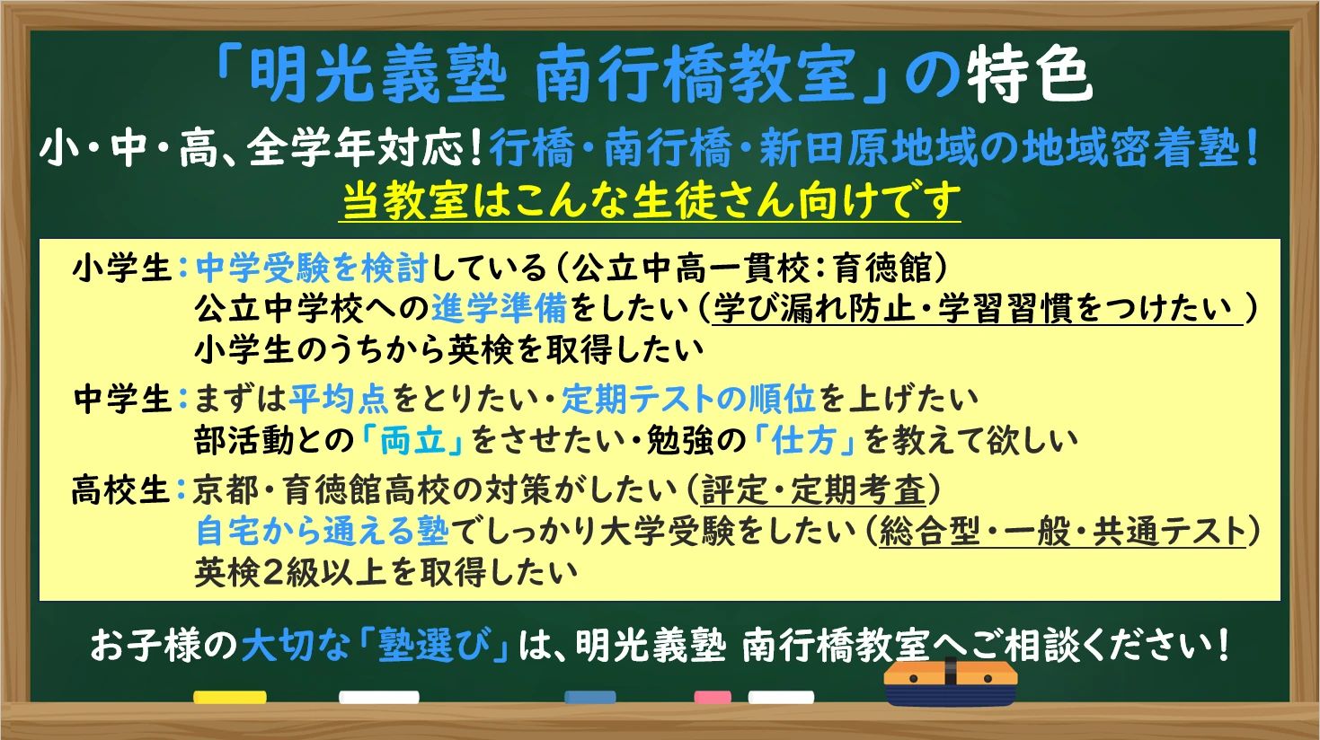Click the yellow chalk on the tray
click(x=230, y=697)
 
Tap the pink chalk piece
click(x=713, y=697)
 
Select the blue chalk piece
click(x=590, y=697)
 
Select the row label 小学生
click(x=122, y=269)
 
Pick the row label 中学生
click(x=122, y=399)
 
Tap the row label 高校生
click(x=121, y=490)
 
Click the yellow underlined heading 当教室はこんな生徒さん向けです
click(x=651, y=200)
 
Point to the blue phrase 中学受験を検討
click(x=312, y=269)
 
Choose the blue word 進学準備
click(x=500, y=309)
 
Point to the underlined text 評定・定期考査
click(x=812, y=491)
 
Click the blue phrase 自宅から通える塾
click(x=321, y=532)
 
